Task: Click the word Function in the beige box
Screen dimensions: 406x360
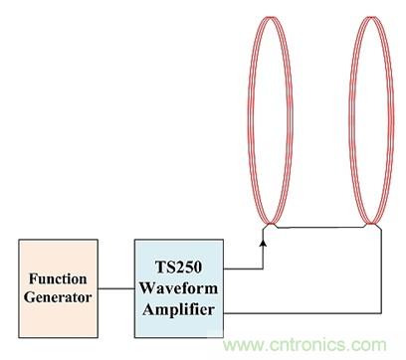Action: click(x=58, y=278)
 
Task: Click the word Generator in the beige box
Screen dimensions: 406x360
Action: click(x=58, y=297)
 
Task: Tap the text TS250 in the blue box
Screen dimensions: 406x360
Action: click(x=178, y=267)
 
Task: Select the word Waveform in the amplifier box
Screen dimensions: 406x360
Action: click(x=178, y=287)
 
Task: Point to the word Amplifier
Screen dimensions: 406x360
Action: click(x=178, y=309)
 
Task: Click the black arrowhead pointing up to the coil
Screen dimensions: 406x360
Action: click(x=263, y=243)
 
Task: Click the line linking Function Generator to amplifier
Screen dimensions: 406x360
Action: click(x=116, y=288)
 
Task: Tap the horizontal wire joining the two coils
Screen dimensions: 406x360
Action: click(x=320, y=228)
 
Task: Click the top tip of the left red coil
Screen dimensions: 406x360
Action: click(x=271, y=17)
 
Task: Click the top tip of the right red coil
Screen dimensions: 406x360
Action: click(x=372, y=17)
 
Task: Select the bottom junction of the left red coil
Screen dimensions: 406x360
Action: click(x=271, y=224)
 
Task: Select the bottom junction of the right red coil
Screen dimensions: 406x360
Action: click(x=372, y=224)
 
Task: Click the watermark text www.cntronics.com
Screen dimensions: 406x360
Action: click(x=304, y=345)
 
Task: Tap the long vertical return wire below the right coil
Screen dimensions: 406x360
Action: click(x=381, y=270)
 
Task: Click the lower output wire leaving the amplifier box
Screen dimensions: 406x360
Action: click(x=302, y=312)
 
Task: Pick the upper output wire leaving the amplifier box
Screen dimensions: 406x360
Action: click(x=243, y=269)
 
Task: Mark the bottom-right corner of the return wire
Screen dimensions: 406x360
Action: click(x=381, y=312)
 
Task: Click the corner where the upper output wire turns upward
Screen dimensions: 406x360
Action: click(x=263, y=269)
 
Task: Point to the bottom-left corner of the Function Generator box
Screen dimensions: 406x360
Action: click(x=19, y=337)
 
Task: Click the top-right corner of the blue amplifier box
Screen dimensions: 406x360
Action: click(x=223, y=240)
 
